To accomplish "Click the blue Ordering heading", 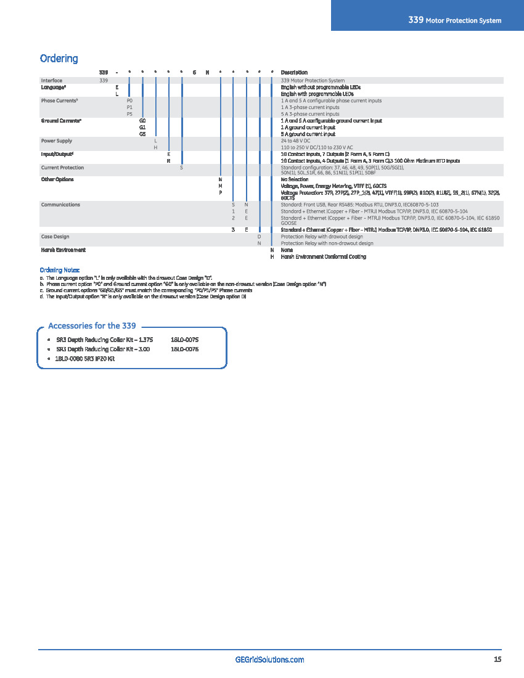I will click(x=59, y=59).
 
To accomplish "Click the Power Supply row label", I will click(x=57, y=141).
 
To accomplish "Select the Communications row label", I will click(x=60, y=205).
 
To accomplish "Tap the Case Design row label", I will click(x=55, y=237).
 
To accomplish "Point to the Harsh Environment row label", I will click(x=63, y=250).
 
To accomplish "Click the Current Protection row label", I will click(x=62, y=168).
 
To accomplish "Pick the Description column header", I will click(x=294, y=73).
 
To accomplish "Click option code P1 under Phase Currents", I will click(x=129, y=107).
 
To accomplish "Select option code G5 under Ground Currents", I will click(x=142, y=134).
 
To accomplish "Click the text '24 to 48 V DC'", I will click(x=295, y=141).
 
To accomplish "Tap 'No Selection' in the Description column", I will click(x=295, y=179).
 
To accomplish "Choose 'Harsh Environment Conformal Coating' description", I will click(x=323, y=256).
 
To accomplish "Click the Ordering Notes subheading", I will click(x=60, y=270).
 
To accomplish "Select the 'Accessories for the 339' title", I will click(x=92, y=325).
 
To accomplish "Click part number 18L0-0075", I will click(x=184, y=340).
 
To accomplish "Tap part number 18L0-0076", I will click(x=184, y=349).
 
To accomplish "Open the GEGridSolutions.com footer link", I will click(x=270, y=660).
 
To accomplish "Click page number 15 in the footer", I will click(x=497, y=660).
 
